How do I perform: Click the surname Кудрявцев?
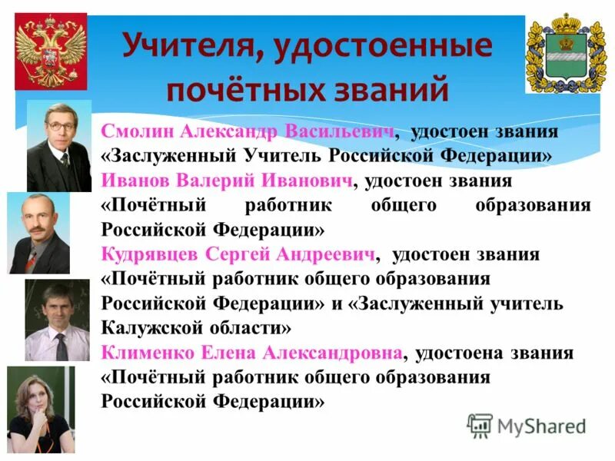(x=149, y=254)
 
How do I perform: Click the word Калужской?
(x=146, y=328)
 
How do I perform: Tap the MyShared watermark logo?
(x=527, y=425)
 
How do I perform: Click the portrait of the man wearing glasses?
(x=59, y=146)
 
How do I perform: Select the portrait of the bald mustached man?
(x=38, y=233)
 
